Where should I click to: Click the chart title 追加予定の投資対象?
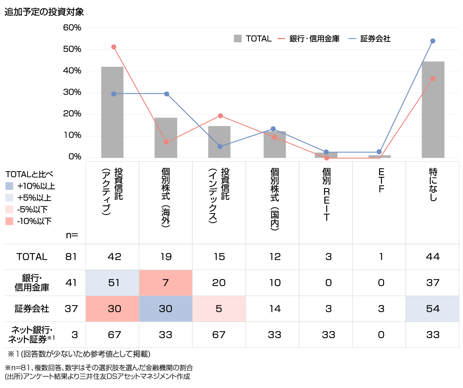pos(44,12)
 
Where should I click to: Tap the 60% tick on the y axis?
pos(72,28)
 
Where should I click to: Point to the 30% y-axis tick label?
pos(72,92)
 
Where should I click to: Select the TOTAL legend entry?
pos(253,38)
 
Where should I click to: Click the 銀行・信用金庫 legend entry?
pos(309,38)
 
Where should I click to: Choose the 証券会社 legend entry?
pos(370,38)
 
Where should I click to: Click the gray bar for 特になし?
pos(432,109)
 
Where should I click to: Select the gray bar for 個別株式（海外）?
pos(166,138)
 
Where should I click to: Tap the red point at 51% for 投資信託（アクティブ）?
pos(114,47)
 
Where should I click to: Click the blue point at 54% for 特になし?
pos(433,41)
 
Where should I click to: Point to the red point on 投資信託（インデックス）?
pos(220,116)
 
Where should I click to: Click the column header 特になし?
pos(433,185)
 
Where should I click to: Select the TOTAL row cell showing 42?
pos(114,257)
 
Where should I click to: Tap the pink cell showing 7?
pos(166,283)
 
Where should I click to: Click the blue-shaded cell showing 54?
pos(432,309)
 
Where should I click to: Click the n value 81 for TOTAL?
pos(71,257)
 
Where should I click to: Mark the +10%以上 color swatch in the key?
pos(9,186)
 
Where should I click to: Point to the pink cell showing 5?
pos(219,309)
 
